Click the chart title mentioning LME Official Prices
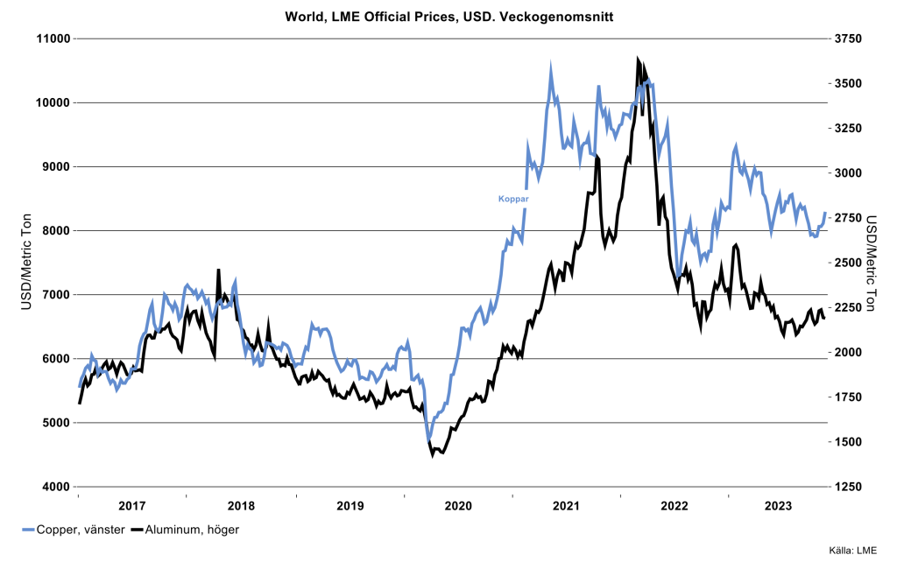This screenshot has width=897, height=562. (x=448, y=16)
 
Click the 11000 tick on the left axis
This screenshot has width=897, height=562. (x=52, y=39)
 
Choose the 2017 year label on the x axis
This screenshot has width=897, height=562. (x=131, y=506)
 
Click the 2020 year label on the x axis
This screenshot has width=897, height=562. (x=458, y=506)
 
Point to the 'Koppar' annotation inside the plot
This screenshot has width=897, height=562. (x=513, y=199)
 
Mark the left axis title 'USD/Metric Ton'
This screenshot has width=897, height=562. (x=25, y=263)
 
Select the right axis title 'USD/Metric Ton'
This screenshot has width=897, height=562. (x=872, y=263)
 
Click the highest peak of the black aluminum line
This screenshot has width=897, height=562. (x=639, y=59)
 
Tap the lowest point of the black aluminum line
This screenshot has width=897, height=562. (x=433, y=455)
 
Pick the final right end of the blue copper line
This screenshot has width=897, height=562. (x=825, y=213)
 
